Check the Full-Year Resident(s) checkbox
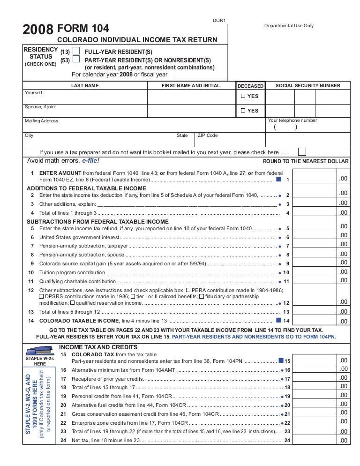click(x=76, y=51)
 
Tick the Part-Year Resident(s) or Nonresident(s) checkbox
click(x=76, y=60)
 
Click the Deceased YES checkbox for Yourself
click(x=243, y=96)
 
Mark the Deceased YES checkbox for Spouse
click(x=243, y=111)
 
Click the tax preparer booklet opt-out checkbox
click(x=302, y=151)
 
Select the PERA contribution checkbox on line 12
click(x=188, y=290)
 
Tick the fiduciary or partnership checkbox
click(x=201, y=296)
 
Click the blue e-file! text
click(x=91, y=160)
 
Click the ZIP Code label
click(x=208, y=135)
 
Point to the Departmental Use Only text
click(x=289, y=26)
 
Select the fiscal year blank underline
click(x=200, y=75)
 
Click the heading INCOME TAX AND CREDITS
click(x=98, y=347)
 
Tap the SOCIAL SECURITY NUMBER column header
click(x=308, y=86)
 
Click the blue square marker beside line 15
click(x=281, y=361)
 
